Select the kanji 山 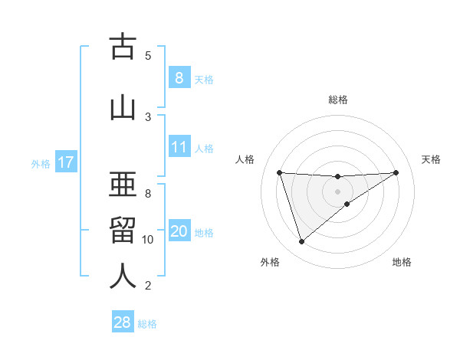123,106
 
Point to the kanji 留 123,230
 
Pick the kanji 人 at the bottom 123,276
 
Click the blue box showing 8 179,77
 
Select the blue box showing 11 179,147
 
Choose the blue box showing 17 65,162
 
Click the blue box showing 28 123,322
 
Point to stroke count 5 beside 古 148,55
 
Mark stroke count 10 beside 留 148,240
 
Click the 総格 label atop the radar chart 337,100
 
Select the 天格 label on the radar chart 432,159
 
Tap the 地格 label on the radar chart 402,262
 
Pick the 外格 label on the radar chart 270,262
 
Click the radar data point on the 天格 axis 396,172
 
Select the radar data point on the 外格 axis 301,242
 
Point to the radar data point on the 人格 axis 280,172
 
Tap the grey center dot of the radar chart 337,191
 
